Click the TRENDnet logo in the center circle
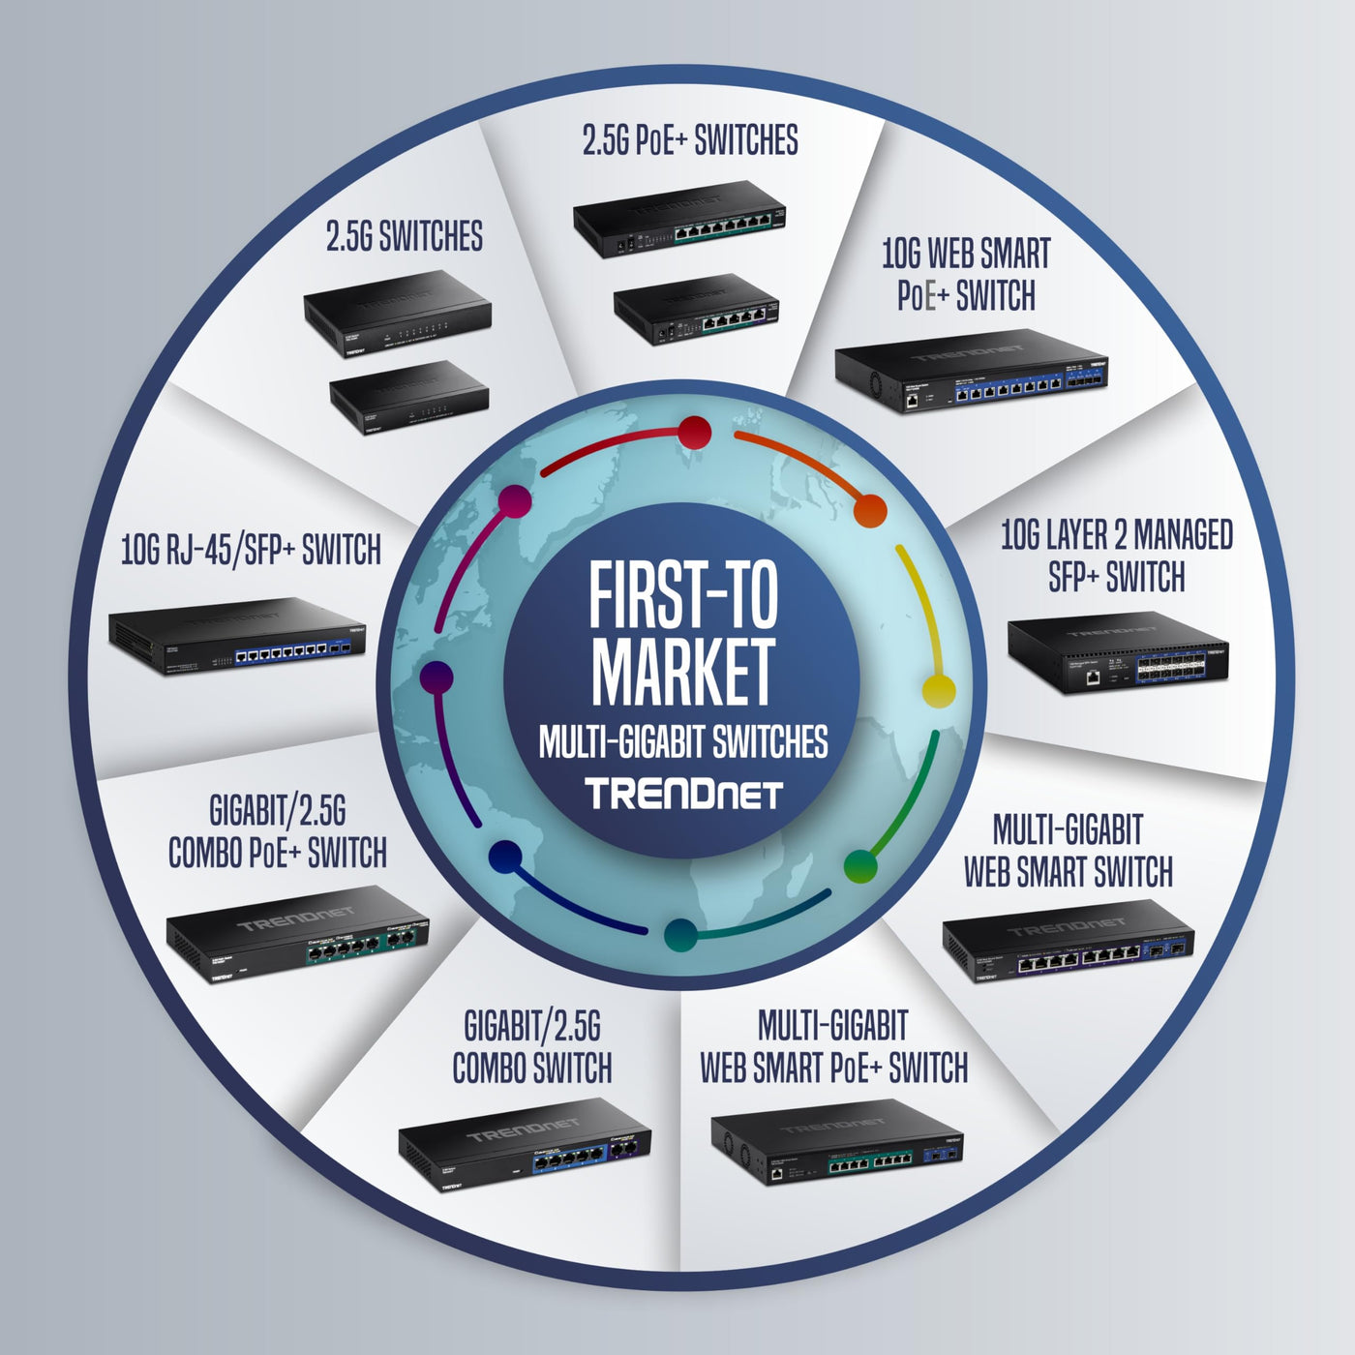coord(683,794)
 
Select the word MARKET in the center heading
coord(683,670)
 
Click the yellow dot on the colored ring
coord(938,690)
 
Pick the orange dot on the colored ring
coord(871,510)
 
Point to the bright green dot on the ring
coord(860,865)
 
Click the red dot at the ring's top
coord(694,433)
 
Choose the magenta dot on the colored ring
coord(514,501)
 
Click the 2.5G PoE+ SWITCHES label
coord(690,140)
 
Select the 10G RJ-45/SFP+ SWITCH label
coord(251,550)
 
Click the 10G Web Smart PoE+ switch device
coord(972,371)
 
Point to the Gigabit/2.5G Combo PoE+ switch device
coord(297,933)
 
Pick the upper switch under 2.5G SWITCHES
coord(398,315)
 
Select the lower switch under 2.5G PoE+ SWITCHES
coord(696,309)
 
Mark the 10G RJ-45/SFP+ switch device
coord(238,635)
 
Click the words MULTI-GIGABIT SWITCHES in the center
coord(683,742)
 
